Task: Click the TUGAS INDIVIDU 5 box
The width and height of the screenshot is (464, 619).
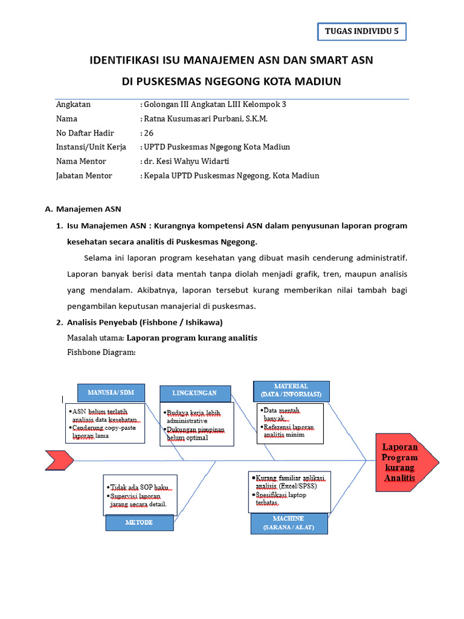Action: [x=362, y=32]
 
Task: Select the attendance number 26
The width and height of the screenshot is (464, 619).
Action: [x=149, y=133]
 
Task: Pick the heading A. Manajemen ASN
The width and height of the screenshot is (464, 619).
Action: [x=83, y=209]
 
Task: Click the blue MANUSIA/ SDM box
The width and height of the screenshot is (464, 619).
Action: [x=111, y=392]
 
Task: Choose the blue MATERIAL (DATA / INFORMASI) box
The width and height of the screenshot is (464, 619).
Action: [x=291, y=391]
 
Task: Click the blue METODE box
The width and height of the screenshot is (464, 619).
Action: [x=139, y=522]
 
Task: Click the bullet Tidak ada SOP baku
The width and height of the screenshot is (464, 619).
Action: [x=139, y=487]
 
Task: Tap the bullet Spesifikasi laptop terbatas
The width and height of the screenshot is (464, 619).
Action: [x=280, y=499]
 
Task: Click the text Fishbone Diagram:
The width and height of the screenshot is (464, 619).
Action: [x=101, y=352]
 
